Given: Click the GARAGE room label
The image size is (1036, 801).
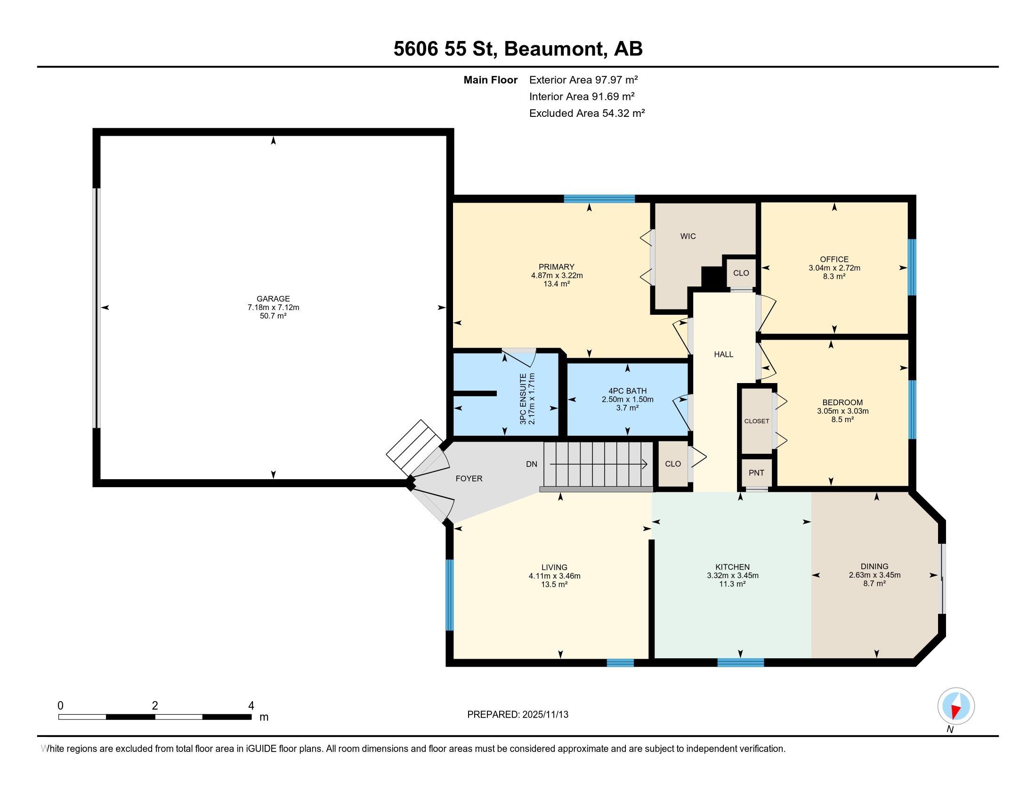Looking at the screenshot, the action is click(273, 298).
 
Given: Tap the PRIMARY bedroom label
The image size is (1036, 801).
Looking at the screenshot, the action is click(557, 267).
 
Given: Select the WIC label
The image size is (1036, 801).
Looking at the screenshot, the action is click(688, 236).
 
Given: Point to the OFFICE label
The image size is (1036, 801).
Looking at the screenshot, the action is click(834, 259).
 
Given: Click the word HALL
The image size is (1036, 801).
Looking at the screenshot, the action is click(723, 354).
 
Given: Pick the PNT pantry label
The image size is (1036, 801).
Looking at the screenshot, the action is click(757, 473).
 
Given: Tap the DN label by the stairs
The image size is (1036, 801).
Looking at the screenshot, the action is click(532, 464).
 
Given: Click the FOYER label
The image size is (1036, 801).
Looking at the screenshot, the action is click(469, 478).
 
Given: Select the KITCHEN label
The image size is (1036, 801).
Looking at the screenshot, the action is click(732, 566).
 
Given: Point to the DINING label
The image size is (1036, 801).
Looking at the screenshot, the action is click(874, 566).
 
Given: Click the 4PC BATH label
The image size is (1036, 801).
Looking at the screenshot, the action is click(628, 391).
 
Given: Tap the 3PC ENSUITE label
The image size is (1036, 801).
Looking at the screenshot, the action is click(523, 399).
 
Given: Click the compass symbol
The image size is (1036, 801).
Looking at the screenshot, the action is click(956, 706).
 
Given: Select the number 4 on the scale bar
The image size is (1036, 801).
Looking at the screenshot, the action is click(251, 706).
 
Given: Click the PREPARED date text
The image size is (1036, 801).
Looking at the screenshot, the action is click(518, 714).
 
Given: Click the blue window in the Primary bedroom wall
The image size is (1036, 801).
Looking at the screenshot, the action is click(599, 199).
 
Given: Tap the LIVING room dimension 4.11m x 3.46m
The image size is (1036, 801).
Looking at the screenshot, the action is click(555, 576).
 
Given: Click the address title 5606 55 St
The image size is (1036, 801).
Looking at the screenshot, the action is click(445, 49).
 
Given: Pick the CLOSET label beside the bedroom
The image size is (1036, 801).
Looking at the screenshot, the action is click(757, 421).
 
